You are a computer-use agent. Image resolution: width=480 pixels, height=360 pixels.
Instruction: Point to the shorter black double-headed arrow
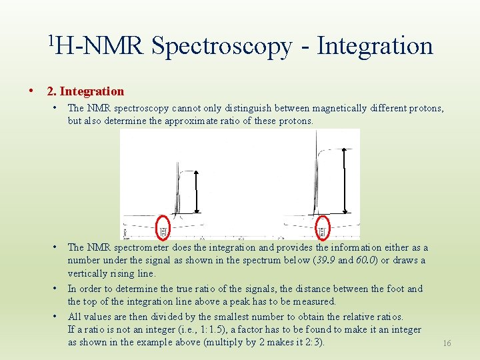tap(197, 191)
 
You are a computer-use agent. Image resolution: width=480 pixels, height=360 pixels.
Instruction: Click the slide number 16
tap(447, 343)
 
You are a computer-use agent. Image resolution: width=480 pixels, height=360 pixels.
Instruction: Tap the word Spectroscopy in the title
tap(221, 46)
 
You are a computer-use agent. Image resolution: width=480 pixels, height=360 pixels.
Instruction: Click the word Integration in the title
tap(375, 46)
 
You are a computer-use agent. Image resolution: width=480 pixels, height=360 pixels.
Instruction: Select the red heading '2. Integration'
tap(85, 91)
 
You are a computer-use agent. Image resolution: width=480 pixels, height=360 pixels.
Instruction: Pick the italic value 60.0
tap(365, 260)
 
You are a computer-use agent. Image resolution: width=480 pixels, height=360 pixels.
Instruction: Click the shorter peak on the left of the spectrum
tap(177, 187)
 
